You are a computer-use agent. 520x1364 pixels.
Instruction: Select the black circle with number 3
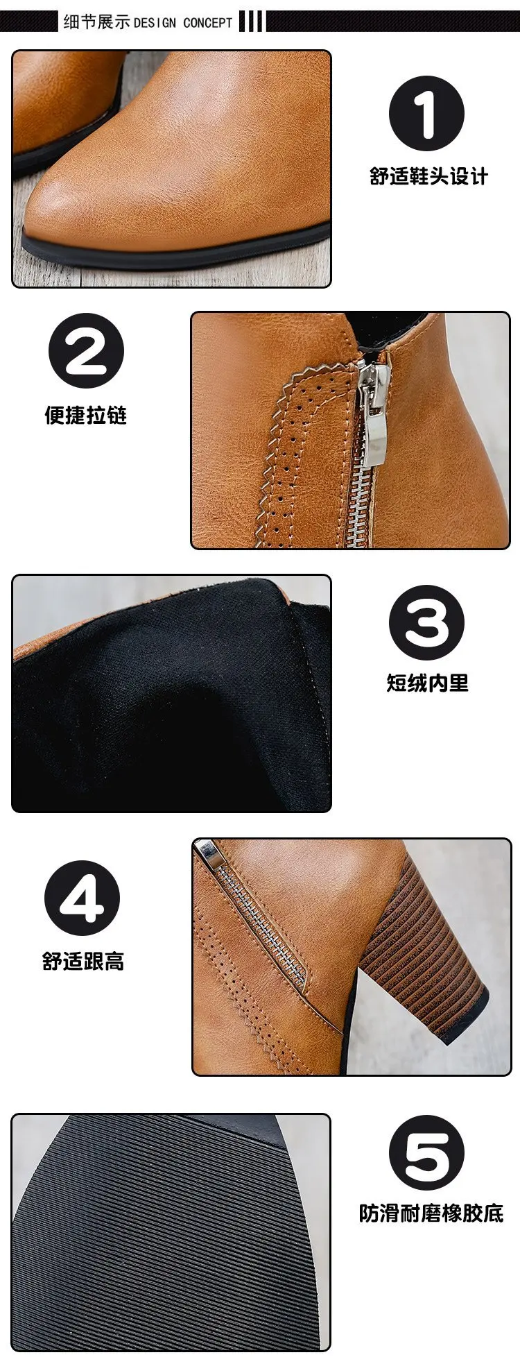click(426, 622)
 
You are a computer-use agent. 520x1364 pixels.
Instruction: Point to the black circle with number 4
click(83, 898)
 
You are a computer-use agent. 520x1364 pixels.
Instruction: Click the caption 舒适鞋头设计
click(428, 176)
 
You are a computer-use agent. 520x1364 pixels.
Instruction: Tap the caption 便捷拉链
click(86, 415)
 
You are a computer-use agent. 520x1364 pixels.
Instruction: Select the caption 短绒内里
click(427, 683)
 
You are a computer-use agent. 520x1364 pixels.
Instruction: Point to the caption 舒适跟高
click(83, 962)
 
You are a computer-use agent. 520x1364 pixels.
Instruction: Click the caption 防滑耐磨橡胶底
click(431, 1213)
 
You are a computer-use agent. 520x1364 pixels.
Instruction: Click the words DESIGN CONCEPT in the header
click(183, 23)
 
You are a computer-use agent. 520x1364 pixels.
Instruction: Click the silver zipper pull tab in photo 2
click(367, 416)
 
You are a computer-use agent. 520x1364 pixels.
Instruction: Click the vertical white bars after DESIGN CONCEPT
click(251, 22)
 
